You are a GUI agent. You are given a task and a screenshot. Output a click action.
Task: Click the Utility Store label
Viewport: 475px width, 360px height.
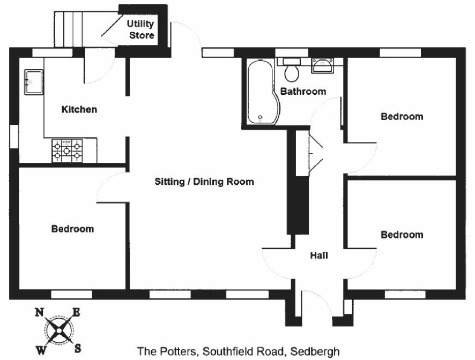[140, 29]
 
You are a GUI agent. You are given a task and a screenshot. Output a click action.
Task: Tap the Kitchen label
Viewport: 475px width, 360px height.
[79, 109]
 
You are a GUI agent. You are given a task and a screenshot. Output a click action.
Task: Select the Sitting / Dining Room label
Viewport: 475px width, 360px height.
[204, 182]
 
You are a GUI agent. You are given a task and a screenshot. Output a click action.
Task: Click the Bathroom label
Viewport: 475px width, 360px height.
[303, 91]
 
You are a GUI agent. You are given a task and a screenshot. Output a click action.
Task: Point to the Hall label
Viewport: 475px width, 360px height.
[319, 255]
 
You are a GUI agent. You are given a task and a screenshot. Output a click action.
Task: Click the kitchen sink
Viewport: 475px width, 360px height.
[34, 82]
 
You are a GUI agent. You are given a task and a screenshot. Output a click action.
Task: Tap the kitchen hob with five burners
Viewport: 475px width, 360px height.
[67, 151]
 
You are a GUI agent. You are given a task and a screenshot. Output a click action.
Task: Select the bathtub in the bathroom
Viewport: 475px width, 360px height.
[263, 92]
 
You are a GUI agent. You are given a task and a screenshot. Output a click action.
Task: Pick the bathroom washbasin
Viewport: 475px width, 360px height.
[323, 65]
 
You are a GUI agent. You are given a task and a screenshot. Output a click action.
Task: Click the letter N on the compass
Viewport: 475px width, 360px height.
[39, 312]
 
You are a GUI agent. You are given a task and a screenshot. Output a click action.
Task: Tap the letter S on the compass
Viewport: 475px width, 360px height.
[78, 349]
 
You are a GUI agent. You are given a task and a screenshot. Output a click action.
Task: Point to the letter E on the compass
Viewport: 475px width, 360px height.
[76, 312]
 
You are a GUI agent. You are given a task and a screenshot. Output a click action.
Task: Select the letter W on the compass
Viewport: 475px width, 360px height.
[41, 350]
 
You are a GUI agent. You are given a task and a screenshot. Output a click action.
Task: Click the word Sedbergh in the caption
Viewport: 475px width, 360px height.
[315, 352]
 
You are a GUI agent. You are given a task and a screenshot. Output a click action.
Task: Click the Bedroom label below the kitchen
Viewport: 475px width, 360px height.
[72, 229]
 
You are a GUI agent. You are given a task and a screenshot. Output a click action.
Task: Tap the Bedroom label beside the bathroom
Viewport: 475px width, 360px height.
[402, 117]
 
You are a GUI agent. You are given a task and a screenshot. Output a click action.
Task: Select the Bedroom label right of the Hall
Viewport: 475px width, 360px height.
[402, 235]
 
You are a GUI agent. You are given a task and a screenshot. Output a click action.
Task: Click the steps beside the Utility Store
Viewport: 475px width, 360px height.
[69, 29]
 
